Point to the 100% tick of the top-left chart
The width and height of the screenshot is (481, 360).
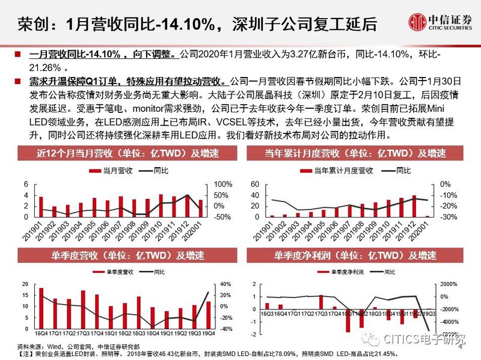click(222, 184)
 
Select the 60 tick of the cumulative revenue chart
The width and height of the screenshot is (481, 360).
click(254, 184)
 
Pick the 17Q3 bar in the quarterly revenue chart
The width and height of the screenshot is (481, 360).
click(83, 310)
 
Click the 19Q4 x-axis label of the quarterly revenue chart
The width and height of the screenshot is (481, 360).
click(208, 334)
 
